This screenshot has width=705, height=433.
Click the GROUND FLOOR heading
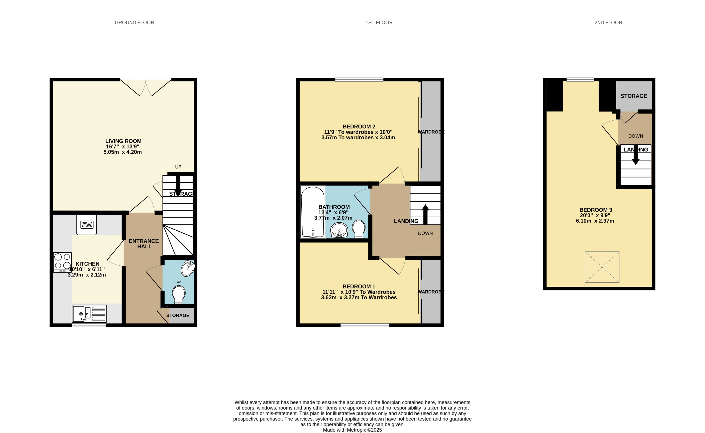134,22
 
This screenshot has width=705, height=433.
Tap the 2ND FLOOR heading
608,22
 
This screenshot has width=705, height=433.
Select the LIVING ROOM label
123,141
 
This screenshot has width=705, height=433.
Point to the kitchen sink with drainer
89,314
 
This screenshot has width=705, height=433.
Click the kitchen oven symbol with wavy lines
86,225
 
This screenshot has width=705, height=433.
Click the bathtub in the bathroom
312,212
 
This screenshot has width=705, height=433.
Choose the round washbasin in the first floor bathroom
339,230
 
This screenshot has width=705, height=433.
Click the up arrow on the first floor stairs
425,214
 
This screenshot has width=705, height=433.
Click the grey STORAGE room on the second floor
634,96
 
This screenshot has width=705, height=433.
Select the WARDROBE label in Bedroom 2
431,132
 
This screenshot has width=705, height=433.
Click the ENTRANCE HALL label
144,244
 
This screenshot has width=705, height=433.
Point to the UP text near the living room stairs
178,167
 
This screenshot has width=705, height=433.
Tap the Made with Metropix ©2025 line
352,430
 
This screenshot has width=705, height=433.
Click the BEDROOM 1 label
359,286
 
